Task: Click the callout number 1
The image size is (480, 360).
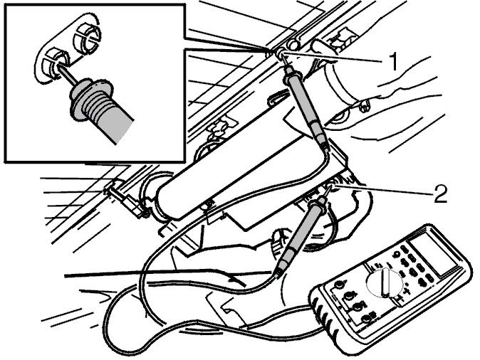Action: (x=394, y=61)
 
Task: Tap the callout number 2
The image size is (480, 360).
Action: (x=440, y=194)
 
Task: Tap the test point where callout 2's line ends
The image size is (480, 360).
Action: (x=330, y=187)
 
